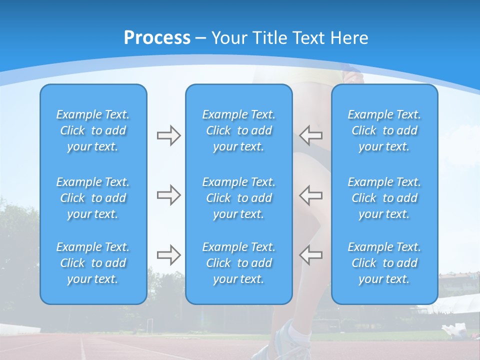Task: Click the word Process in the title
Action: click(x=157, y=38)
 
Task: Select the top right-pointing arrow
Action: click(x=168, y=135)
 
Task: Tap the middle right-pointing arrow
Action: click(x=168, y=195)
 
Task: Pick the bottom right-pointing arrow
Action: click(x=168, y=255)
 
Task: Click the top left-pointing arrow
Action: click(x=311, y=135)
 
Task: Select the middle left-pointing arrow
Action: click(x=311, y=195)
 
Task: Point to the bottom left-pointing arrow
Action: click(x=311, y=255)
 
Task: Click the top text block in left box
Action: click(x=93, y=130)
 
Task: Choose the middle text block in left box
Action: click(x=93, y=198)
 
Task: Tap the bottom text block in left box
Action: click(x=93, y=263)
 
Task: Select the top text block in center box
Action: click(x=239, y=130)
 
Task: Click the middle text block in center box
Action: click(x=239, y=198)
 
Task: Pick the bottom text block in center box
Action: click(x=239, y=263)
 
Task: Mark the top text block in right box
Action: click(x=384, y=130)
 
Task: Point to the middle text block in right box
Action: click(x=384, y=198)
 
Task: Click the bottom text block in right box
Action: click(x=384, y=263)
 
